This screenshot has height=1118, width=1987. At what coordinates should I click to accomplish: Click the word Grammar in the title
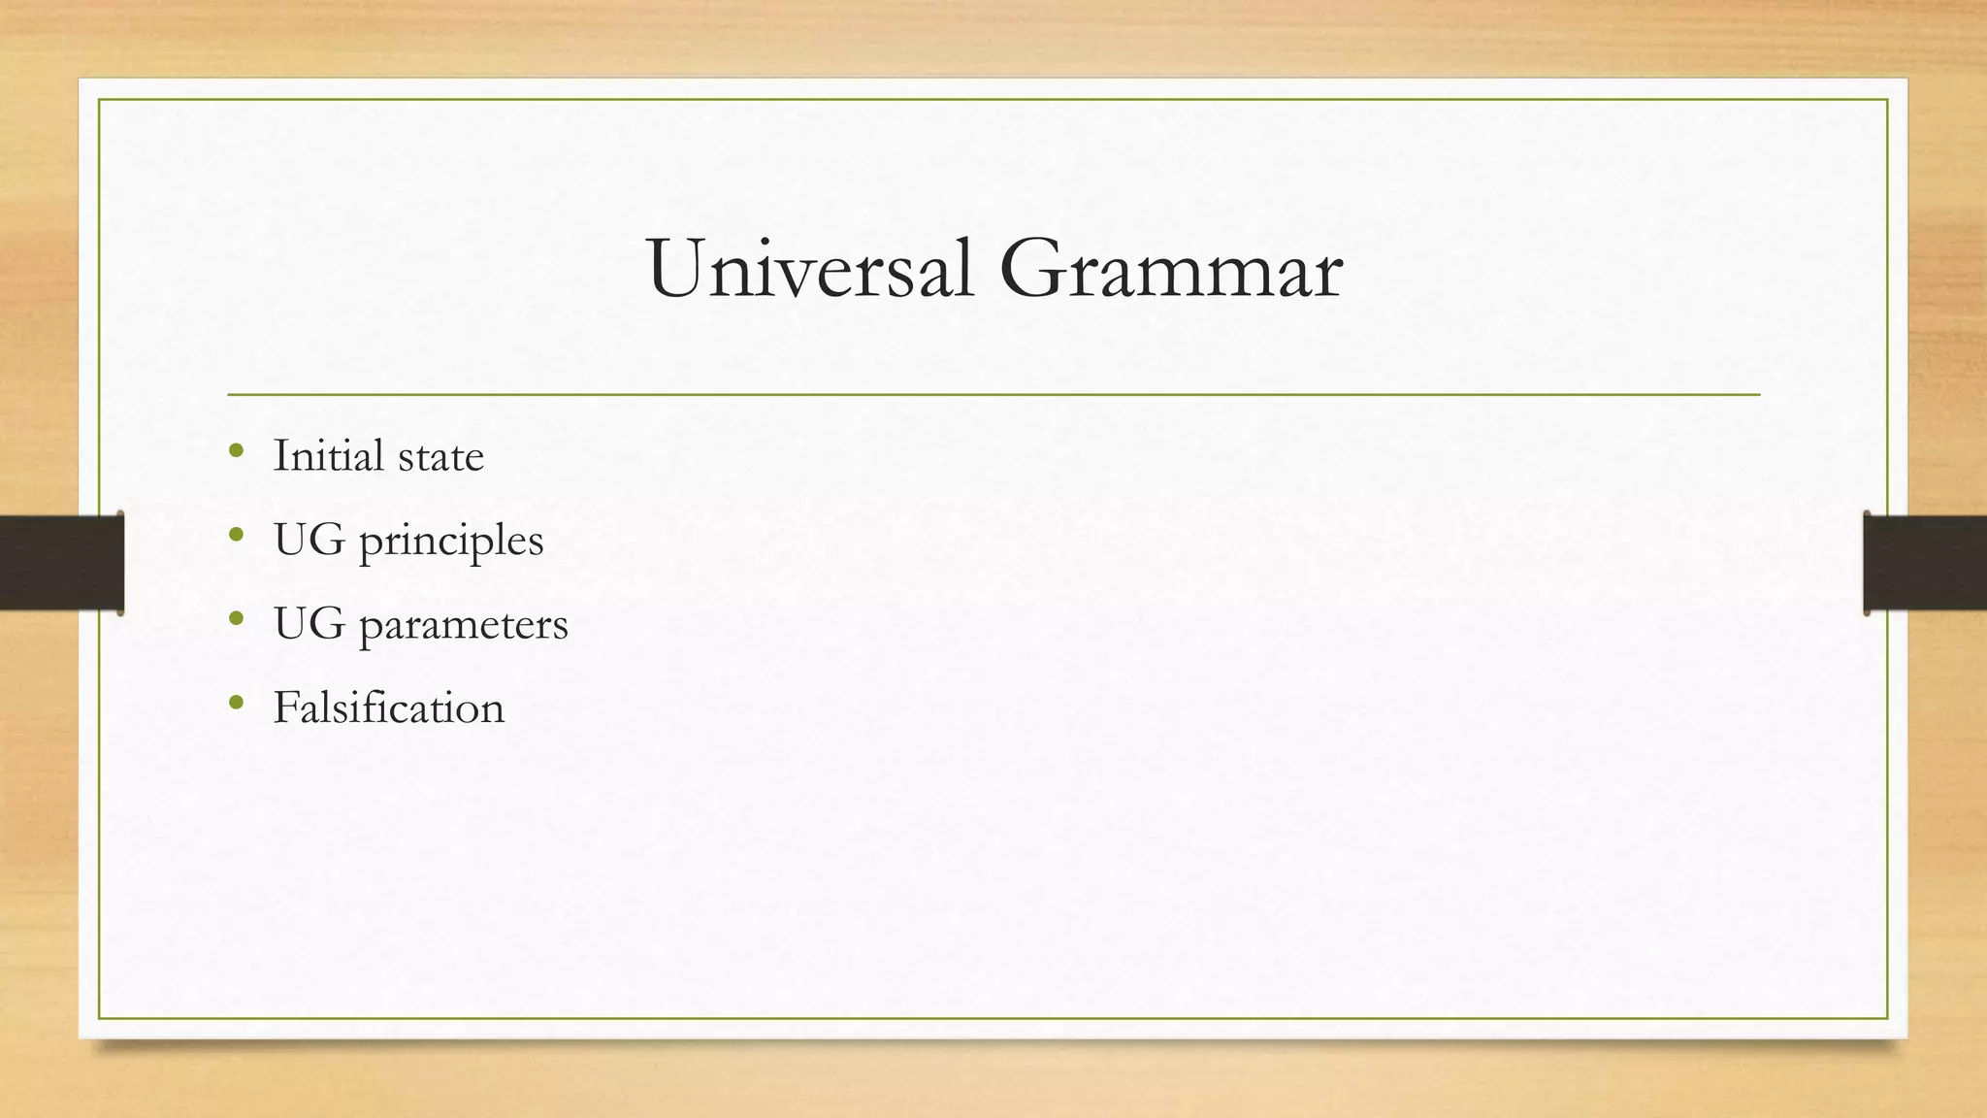[x=1170, y=269]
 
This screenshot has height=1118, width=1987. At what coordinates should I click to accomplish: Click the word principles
[x=451, y=542]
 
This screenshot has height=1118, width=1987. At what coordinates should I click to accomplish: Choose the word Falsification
[x=388, y=707]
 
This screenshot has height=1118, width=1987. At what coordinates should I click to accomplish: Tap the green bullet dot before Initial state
[x=236, y=450]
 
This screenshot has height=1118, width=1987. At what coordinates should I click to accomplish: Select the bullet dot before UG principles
[x=236, y=534]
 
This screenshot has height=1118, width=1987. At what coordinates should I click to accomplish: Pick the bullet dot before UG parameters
[x=236, y=618]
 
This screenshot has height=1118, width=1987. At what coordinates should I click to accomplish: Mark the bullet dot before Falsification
[x=236, y=702]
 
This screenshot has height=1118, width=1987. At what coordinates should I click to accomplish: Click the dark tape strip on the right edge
[x=1925, y=563]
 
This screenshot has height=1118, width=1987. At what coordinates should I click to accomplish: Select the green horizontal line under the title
[x=993, y=395]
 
